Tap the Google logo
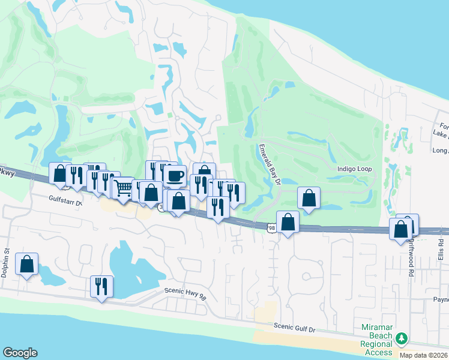(x=20, y=353)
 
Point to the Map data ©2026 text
(x=423, y=355)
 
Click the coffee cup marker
(x=175, y=175)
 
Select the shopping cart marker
(x=123, y=187)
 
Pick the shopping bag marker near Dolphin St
(x=27, y=264)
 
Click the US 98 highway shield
(x=271, y=228)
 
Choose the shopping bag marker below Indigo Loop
(x=309, y=197)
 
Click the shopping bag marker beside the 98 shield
(x=288, y=221)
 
